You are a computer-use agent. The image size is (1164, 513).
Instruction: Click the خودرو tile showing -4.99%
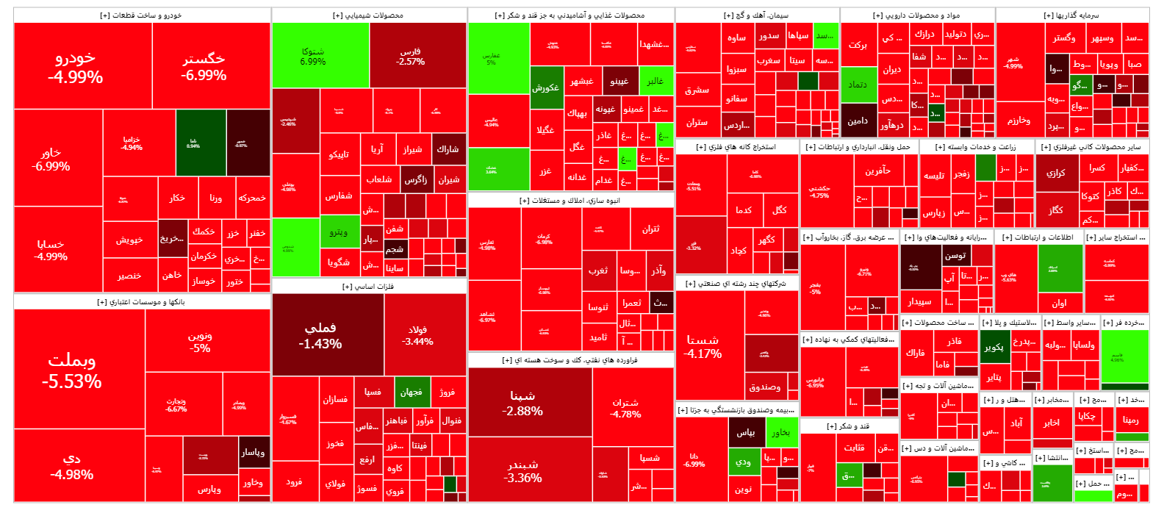point(76,67)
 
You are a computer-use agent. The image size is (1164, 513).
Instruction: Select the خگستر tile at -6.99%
point(204,67)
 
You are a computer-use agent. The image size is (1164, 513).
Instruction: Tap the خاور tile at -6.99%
point(51,159)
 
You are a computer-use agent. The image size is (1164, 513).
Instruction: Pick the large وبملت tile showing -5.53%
point(72,370)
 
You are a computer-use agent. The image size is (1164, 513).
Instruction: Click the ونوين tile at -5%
point(200,342)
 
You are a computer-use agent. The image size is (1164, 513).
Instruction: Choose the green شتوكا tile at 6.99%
point(313,56)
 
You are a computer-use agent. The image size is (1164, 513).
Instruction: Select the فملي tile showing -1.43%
point(320,335)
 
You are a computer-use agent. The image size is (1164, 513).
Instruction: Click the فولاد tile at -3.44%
point(417,335)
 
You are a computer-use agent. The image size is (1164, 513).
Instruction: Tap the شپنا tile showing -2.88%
point(522,403)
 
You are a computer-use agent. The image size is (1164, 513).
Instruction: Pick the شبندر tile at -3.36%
point(522,470)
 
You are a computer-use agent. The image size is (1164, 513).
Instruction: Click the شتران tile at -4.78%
point(625,408)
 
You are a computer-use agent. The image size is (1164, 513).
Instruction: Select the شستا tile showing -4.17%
point(703,346)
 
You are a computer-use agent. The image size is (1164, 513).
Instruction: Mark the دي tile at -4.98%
point(72,466)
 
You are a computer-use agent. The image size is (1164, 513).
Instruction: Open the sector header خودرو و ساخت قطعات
point(142,15)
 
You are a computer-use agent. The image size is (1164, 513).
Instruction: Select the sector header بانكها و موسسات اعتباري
point(142,302)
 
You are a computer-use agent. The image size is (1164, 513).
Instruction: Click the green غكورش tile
point(546,87)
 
